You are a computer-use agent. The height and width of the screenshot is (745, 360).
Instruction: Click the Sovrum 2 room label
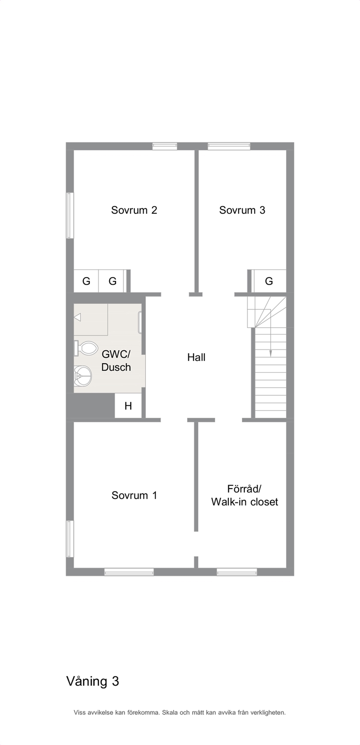(134, 210)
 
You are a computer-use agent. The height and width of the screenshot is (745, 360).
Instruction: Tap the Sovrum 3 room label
(242, 210)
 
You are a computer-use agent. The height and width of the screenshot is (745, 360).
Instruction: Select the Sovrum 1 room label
(134, 495)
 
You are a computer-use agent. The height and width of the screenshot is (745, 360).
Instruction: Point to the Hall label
(196, 357)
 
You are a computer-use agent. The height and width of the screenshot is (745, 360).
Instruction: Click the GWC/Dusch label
(116, 361)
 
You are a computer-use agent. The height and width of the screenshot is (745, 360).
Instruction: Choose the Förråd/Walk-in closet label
(244, 495)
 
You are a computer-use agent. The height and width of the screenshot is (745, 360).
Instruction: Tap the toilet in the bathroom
(86, 349)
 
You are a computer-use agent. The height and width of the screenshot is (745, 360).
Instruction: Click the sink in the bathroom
(82, 376)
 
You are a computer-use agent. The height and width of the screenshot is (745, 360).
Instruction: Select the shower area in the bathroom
(91, 319)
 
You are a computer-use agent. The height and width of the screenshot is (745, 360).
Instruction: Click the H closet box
(128, 406)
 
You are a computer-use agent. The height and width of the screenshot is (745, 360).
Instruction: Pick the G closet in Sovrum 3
(269, 281)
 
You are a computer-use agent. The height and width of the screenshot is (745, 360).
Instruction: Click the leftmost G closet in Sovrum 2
(86, 281)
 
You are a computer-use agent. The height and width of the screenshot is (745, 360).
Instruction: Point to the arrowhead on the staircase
(270, 353)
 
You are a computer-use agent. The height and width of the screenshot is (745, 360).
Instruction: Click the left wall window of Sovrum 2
(70, 216)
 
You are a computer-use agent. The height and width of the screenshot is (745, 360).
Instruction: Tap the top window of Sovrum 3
(229, 146)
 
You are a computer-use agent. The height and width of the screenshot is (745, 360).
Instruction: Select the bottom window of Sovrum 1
(129, 572)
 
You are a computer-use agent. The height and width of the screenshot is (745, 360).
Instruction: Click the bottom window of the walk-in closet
(237, 572)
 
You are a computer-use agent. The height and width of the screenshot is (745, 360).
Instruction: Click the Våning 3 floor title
(93, 682)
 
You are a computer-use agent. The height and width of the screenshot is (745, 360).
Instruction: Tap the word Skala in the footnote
(170, 713)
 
